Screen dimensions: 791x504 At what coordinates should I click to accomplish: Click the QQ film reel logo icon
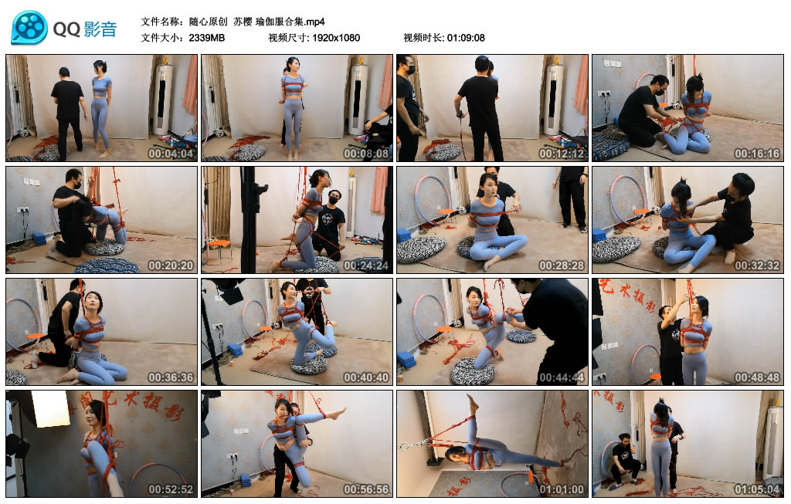pos(30,28)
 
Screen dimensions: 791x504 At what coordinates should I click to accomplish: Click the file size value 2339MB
pos(207,38)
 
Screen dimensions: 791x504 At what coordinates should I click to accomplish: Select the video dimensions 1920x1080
pos(336,38)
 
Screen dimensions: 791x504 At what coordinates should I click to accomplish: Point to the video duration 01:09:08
pos(466,38)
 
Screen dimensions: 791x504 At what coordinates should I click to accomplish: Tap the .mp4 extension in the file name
pos(315,22)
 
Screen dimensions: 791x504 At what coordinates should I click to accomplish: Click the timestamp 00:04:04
pos(171,154)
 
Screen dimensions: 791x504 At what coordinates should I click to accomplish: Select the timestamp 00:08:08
pos(366,154)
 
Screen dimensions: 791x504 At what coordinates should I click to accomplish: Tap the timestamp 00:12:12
pos(562,154)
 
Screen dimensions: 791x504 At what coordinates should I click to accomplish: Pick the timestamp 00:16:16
pos(757,154)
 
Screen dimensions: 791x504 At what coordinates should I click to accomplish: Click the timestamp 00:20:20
pos(171,265)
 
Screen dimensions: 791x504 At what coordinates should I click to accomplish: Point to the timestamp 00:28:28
pos(562,265)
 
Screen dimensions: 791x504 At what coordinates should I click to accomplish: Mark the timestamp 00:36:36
pos(171,377)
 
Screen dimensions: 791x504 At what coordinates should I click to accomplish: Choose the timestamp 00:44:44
pos(562,377)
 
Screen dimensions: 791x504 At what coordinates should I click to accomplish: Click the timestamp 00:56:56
pos(366,489)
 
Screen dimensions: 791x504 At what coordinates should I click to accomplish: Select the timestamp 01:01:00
pos(562,489)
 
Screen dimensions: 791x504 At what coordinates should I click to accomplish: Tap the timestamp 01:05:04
pos(757,489)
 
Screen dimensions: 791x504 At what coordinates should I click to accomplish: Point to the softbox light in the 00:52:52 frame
pos(50,408)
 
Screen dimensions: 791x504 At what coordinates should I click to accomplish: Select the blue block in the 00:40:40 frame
pos(235,350)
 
